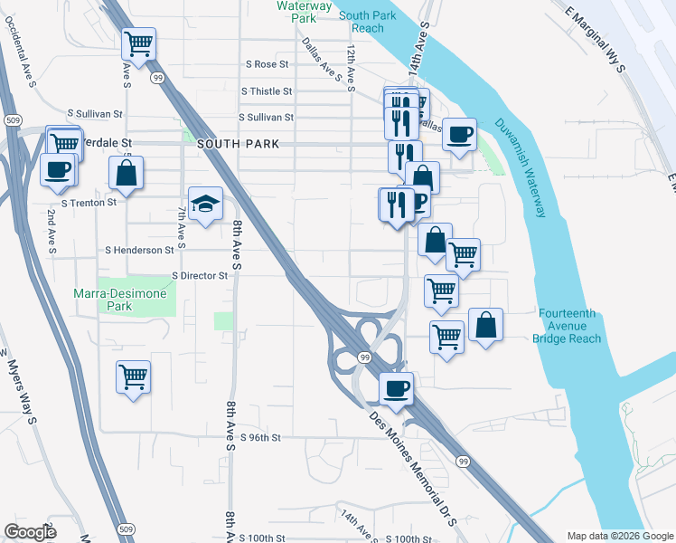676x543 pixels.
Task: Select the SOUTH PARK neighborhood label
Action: (x=229, y=144)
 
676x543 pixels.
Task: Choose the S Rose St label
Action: (x=267, y=65)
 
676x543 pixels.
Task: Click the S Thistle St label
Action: (x=267, y=91)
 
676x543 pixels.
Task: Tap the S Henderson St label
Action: (x=139, y=250)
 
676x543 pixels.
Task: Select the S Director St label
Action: (x=200, y=275)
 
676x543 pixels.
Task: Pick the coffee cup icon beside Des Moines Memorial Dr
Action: (x=396, y=389)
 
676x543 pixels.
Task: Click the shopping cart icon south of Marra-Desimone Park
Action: (x=133, y=376)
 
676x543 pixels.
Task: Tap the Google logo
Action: (x=31, y=532)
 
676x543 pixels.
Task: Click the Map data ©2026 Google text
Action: (x=619, y=536)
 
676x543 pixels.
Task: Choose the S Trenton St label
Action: (x=88, y=203)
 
